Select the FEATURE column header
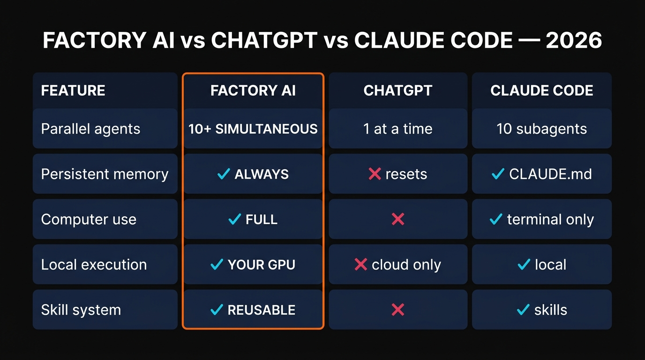click(x=73, y=90)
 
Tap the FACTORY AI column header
click(x=253, y=90)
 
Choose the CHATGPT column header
click(x=398, y=90)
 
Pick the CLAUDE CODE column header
click(x=542, y=90)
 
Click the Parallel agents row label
click(x=90, y=129)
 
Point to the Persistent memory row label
click(x=105, y=174)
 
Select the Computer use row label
click(x=89, y=219)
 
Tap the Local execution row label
click(x=94, y=265)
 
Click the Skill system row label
click(x=81, y=310)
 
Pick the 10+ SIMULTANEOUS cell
click(x=253, y=129)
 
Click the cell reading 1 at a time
click(x=398, y=129)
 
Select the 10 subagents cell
click(x=542, y=129)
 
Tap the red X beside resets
click(x=375, y=174)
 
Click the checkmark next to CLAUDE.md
click(x=497, y=174)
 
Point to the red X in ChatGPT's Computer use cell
click(x=398, y=219)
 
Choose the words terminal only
click(x=550, y=219)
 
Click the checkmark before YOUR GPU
click(x=217, y=265)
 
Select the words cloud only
click(x=406, y=265)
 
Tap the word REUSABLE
click(x=262, y=310)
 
